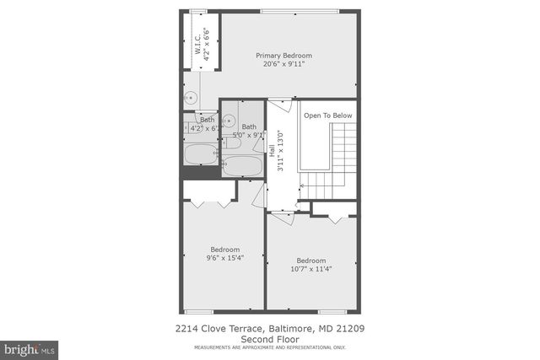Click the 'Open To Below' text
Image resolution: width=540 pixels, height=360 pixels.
point(327,116)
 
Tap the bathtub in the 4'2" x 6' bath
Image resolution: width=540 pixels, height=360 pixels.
point(201,154)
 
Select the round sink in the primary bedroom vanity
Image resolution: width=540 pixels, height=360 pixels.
point(191,96)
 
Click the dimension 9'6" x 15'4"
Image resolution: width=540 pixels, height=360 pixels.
point(225,259)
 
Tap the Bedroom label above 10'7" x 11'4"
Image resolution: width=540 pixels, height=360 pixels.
point(310,261)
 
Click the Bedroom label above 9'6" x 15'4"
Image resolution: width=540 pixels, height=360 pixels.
point(225,250)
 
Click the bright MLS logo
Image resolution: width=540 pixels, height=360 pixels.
point(30,347)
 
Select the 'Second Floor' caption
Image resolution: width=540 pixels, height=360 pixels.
point(269,339)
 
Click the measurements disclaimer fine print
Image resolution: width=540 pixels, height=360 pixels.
point(269,347)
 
